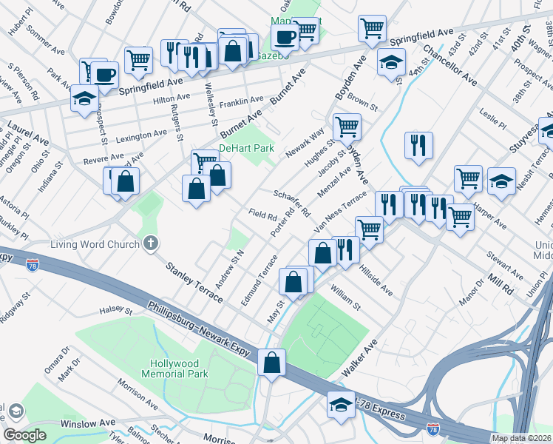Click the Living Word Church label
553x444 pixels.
point(95,244)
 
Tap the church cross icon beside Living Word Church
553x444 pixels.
point(151,243)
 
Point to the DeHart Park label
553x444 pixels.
point(247,149)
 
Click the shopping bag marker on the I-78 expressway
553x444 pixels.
point(271,363)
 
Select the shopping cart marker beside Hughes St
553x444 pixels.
point(347,127)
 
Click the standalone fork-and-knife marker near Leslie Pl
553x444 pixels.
point(418,144)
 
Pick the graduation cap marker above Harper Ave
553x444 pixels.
point(501,181)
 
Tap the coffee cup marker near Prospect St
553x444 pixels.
point(105,75)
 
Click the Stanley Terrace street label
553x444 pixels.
point(194,281)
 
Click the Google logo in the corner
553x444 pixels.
point(24,435)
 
